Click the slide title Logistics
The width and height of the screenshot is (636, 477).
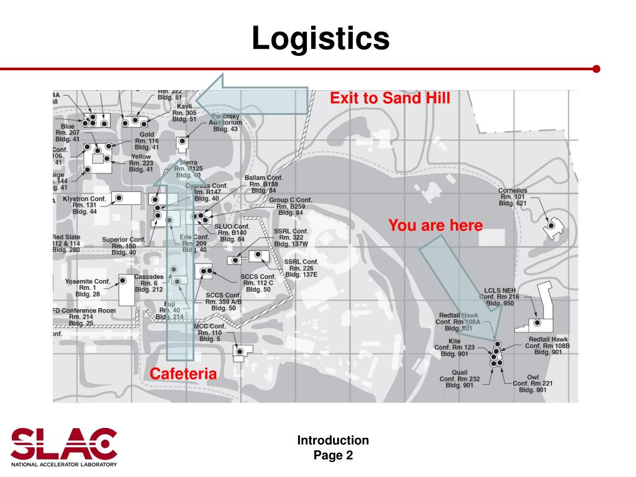point(320,39)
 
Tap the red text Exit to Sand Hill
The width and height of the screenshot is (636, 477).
point(389,98)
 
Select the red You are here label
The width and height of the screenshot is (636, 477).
point(435,225)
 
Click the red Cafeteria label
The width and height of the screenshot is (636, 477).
point(183,374)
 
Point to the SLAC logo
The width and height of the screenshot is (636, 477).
point(64,445)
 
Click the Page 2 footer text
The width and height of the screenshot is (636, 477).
point(333,455)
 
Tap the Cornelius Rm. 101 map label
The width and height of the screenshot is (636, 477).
point(513,197)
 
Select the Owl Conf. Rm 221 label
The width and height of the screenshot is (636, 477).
point(532,383)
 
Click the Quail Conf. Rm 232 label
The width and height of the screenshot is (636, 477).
point(459,378)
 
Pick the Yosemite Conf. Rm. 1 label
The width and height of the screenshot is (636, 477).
point(88,288)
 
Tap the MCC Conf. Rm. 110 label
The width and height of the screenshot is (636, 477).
point(209,332)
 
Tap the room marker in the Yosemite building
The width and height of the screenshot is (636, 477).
point(123,281)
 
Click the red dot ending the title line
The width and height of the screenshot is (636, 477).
point(596,68)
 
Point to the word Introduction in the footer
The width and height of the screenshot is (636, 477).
point(333,440)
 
